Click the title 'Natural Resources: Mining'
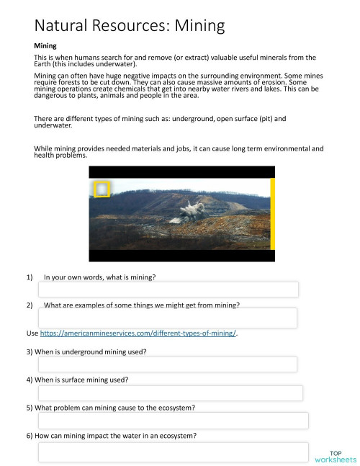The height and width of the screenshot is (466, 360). click(130, 27)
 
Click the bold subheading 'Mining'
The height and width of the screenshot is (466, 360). click(45, 46)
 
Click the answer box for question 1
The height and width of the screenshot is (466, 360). click(168, 290)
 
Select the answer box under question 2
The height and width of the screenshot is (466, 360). click(168, 318)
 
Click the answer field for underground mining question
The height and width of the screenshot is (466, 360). click(168, 364)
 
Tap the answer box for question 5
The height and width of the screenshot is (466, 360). click(173, 421)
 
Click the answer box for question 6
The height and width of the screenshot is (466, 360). click(174, 452)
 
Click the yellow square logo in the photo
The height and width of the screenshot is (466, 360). click(102, 189)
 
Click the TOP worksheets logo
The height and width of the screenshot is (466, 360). click(336, 456)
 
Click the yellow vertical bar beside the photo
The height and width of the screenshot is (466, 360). click(272, 214)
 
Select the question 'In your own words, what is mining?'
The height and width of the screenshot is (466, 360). click(99, 277)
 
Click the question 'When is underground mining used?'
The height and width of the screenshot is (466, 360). click(86, 351)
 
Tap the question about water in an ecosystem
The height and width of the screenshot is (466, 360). click(112, 436)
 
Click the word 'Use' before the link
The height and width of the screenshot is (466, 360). click(32, 334)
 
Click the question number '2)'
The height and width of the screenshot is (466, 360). click(30, 305)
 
